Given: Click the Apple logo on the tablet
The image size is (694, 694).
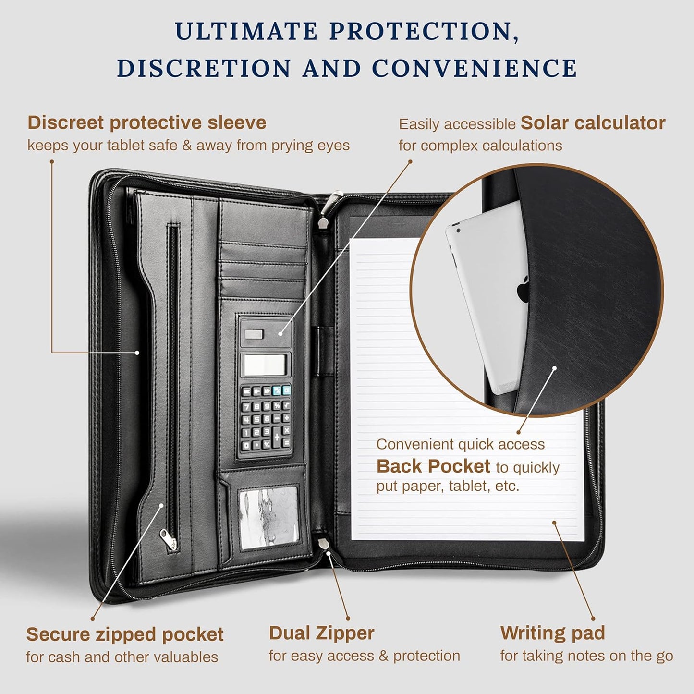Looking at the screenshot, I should click(x=524, y=290).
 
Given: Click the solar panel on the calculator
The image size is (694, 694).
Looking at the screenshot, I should click(x=254, y=334).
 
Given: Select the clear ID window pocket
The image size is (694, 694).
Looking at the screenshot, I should click(x=269, y=516).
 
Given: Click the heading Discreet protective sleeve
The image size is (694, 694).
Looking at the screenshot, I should click(x=146, y=122).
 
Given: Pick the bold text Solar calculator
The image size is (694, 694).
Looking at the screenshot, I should click(x=593, y=123).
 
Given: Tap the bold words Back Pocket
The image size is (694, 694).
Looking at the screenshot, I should click(x=433, y=466).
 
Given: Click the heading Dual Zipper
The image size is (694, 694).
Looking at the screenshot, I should click(x=321, y=633).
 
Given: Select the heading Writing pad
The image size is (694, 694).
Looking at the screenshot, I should click(x=552, y=633).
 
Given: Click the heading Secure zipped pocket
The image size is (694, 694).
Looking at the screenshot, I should click(x=124, y=634).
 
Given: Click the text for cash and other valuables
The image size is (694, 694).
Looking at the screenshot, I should click(x=122, y=657).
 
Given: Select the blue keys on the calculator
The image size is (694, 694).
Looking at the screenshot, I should click(x=281, y=390).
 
